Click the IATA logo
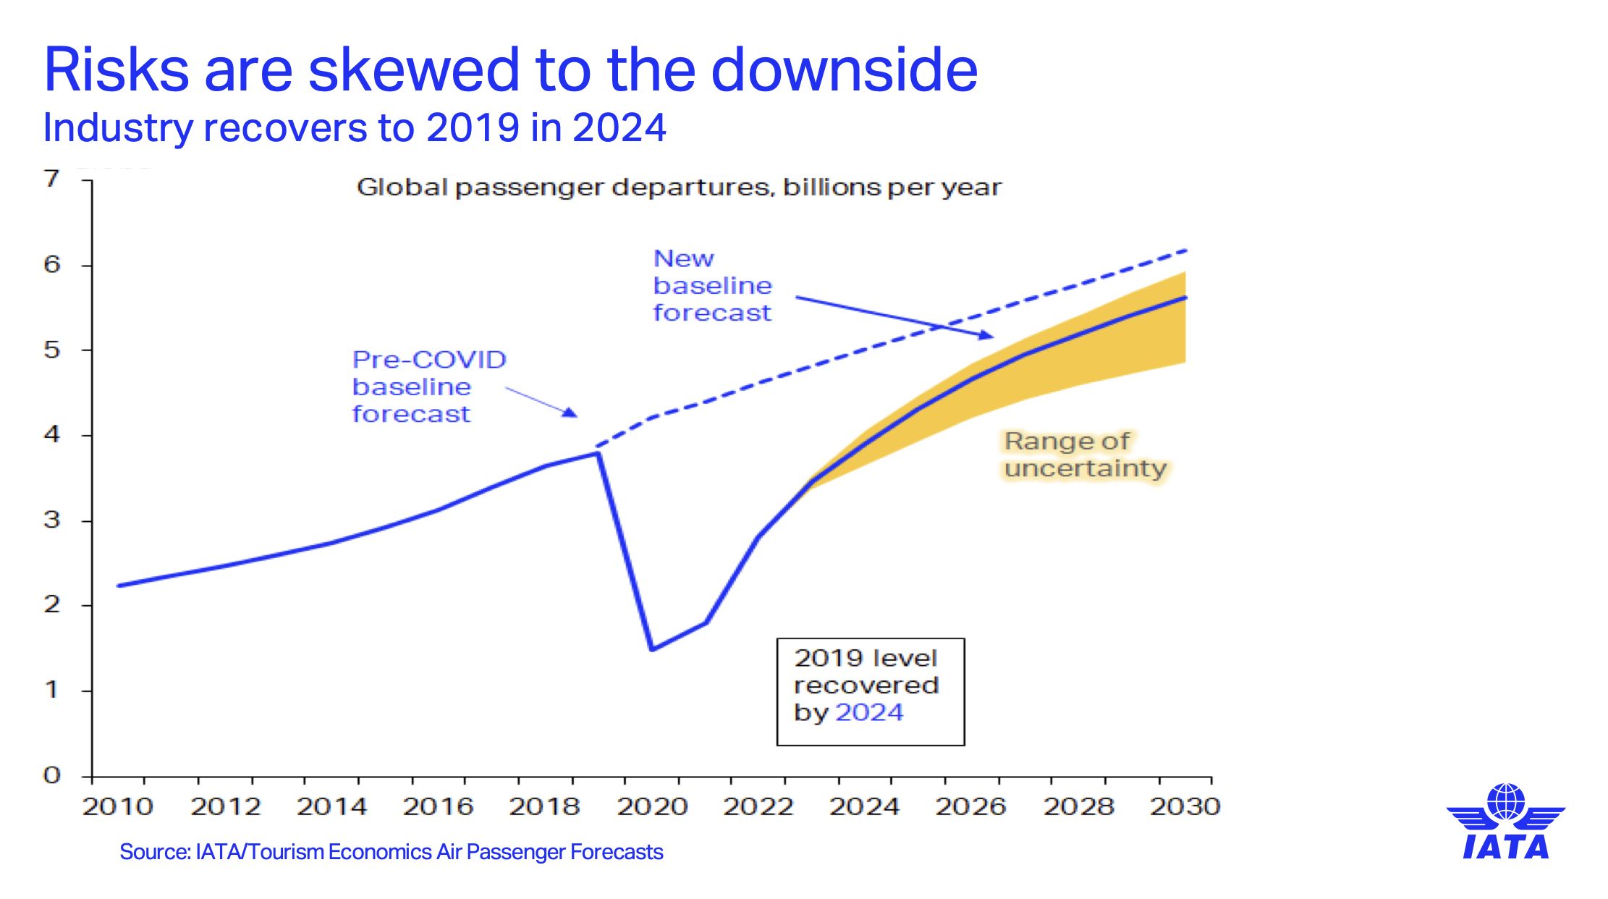click(x=1505, y=822)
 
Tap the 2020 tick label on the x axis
click(x=652, y=806)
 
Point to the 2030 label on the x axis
click(x=1185, y=806)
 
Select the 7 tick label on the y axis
click(x=51, y=179)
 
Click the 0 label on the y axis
click(x=51, y=775)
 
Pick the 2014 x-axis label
click(x=331, y=806)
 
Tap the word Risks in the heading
click(x=116, y=70)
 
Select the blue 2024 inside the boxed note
click(x=869, y=713)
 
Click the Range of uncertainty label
click(x=1085, y=455)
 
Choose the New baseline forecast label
click(x=712, y=286)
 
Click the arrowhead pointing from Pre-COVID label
click(x=572, y=413)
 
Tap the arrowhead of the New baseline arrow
click(x=987, y=335)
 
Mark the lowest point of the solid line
click(x=652, y=649)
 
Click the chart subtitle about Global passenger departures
click(x=679, y=187)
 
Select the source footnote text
click(x=391, y=852)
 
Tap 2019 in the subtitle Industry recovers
click(x=473, y=128)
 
